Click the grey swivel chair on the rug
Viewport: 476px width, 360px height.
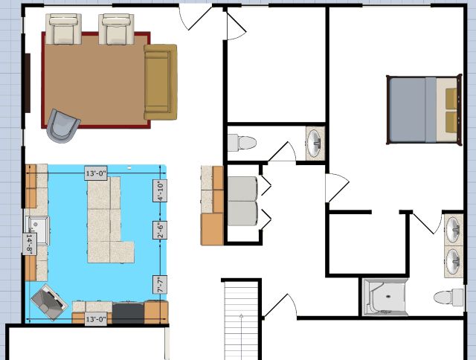[x=62, y=126]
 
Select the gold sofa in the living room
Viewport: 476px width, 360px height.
[x=161, y=82]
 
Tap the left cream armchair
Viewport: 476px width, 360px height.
[x=63, y=29]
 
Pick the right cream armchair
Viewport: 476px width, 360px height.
[x=116, y=29]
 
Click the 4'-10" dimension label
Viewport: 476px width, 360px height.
[x=160, y=190]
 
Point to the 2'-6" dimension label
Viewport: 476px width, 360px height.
[x=160, y=230]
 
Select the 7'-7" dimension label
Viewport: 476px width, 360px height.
[x=160, y=284]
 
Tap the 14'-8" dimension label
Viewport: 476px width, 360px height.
[x=30, y=243]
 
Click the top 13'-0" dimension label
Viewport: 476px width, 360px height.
[x=96, y=173]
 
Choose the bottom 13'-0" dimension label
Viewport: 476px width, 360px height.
[x=96, y=319]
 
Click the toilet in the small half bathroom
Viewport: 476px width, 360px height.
[x=242, y=143]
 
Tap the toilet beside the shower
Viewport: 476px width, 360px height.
[x=448, y=298]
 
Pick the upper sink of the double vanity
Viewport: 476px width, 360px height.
[x=454, y=229]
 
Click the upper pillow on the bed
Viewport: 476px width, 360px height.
[x=451, y=98]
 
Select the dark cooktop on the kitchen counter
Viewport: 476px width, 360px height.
[x=128, y=312]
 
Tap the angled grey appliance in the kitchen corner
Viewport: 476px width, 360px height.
[x=48, y=302]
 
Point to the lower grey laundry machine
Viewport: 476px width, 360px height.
[x=242, y=213]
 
